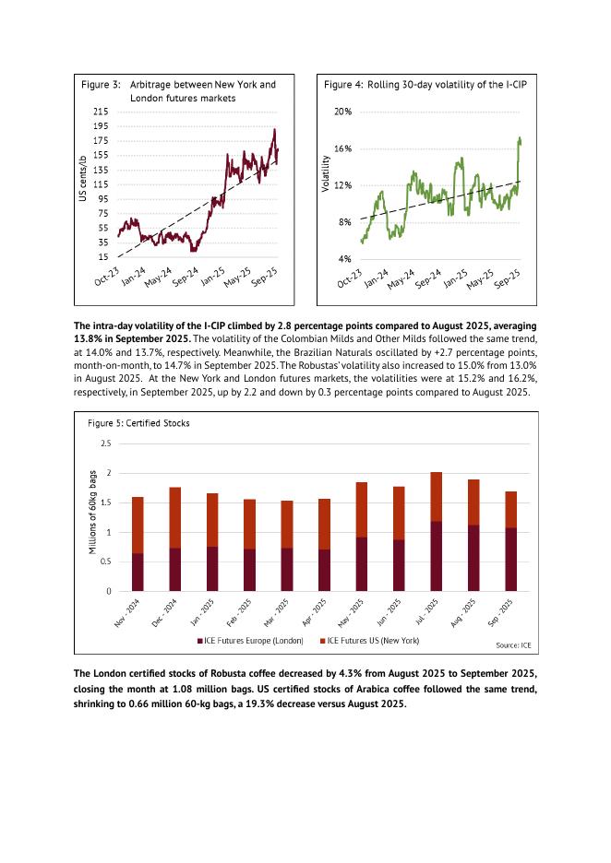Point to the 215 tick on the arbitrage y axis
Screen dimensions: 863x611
click(x=101, y=112)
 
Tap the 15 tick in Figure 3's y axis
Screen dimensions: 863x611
click(x=103, y=256)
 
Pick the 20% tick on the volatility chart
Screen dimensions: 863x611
click(x=342, y=112)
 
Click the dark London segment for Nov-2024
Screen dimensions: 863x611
click(x=138, y=572)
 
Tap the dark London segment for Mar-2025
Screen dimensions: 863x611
click(x=286, y=569)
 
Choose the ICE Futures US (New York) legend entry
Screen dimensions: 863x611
click(x=368, y=639)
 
